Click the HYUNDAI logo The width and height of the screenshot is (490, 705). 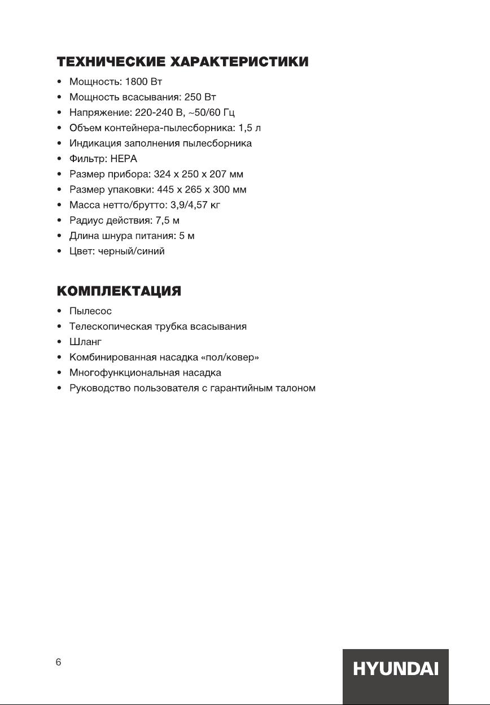tap(395, 669)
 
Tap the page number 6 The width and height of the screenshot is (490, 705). tap(58, 663)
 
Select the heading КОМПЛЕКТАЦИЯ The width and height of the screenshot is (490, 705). tap(119, 291)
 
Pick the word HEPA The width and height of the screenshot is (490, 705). tap(124, 159)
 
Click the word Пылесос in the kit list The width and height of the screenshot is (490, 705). tap(90, 311)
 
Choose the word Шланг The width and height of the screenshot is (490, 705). tap(85, 342)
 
